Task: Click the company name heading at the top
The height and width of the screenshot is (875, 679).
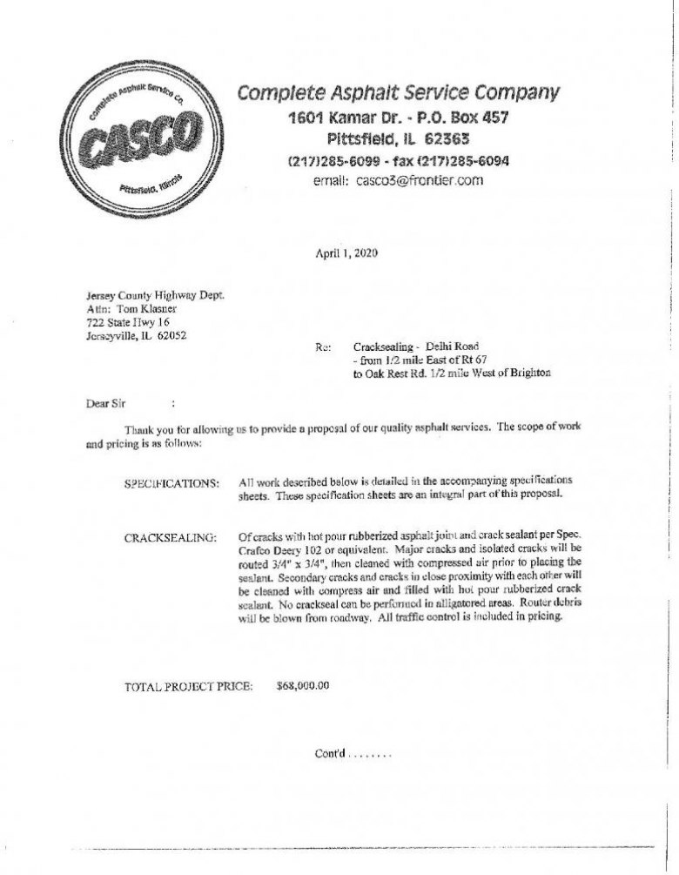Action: coord(400,92)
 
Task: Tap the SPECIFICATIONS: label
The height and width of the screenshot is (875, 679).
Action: coord(172,481)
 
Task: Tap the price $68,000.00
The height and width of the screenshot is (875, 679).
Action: coord(302,686)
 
